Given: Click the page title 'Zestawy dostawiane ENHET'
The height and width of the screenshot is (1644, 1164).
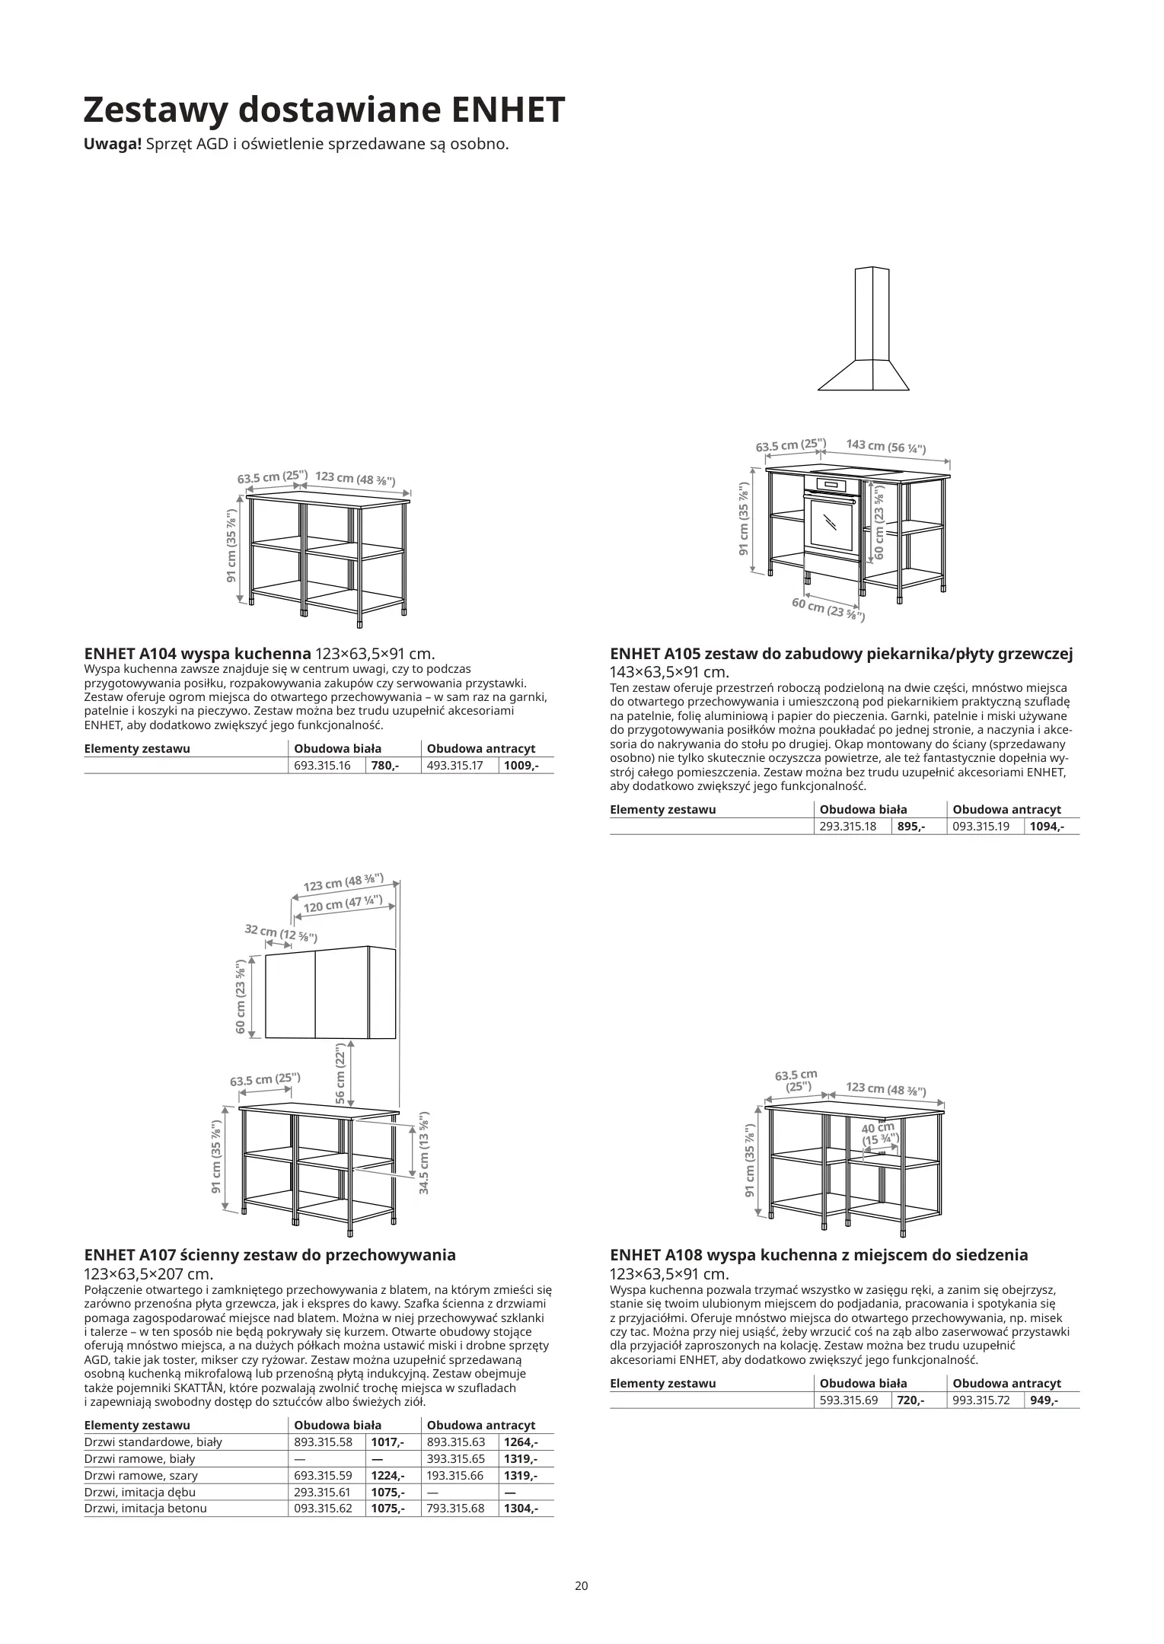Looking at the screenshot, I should tap(324, 110).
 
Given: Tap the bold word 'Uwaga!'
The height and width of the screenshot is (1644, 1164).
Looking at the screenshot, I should tap(113, 144).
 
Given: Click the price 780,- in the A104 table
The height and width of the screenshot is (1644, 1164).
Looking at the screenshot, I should tap(384, 766).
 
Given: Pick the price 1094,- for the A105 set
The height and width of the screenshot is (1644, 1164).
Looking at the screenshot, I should tap(1047, 827).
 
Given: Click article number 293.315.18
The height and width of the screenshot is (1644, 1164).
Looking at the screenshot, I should tap(848, 827).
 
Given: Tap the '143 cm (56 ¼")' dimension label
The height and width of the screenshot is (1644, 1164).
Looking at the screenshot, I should tap(886, 447).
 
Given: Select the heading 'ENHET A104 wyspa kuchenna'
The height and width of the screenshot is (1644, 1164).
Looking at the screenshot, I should tap(198, 654).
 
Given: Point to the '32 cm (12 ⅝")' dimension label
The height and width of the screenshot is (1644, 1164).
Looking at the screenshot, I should tap(280, 933).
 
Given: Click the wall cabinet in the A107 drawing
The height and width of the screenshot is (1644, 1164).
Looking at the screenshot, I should tap(330, 992).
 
